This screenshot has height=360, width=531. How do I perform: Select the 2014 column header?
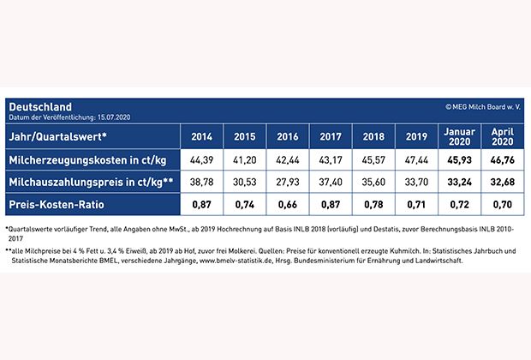(x=201, y=136)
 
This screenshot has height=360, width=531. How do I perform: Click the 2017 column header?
(x=331, y=136)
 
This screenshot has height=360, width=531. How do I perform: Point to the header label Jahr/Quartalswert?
(x=58, y=136)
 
